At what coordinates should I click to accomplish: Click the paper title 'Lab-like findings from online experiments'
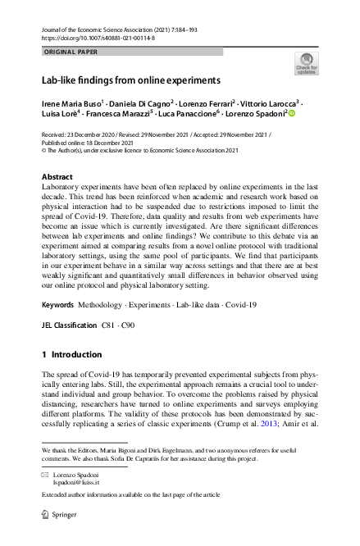tap(131, 81)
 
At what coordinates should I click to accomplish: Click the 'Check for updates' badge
tap(306, 64)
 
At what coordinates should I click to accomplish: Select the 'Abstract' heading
tap(57, 177)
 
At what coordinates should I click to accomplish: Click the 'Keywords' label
tap(57, 305)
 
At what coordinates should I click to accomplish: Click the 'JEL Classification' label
tap(69, 325)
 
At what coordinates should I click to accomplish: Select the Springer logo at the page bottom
tap(62, 514)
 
